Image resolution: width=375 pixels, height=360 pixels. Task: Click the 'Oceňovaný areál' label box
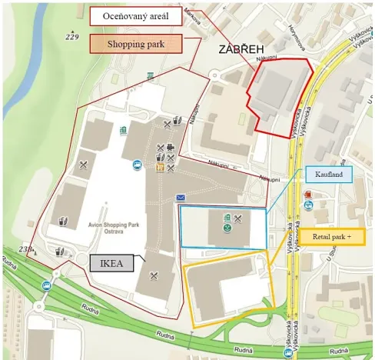pos(136,16)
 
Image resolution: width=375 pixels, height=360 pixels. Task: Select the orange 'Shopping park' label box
pos(136,44)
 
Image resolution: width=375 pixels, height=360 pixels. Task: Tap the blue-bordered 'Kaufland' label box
pos(327,175)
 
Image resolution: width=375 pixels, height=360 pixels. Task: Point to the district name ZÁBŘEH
pos(242,49)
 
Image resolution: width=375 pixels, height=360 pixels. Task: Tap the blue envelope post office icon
pos(181,198)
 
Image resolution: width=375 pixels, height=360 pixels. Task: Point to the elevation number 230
pos(27,248)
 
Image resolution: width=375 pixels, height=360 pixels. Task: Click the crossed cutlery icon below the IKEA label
pos(154,275)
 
